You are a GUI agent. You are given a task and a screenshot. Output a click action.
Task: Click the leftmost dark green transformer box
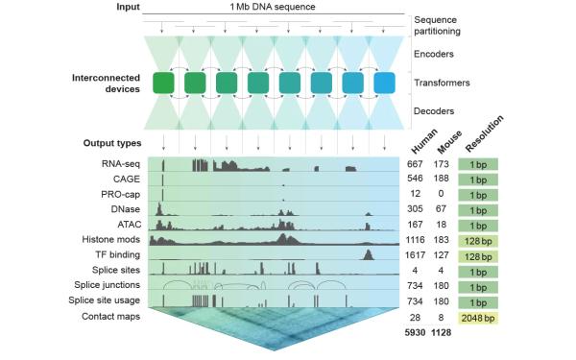pyautogui.click(x=164, y=84)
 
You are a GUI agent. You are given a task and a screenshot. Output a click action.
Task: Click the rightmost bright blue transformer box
pyautogui.click(x=384, y=84)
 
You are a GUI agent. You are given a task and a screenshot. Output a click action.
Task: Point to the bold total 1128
pyautogui.click(x=444, y=332)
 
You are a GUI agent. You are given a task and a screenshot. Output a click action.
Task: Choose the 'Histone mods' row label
pyautogui.click(x=112, y=239)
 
